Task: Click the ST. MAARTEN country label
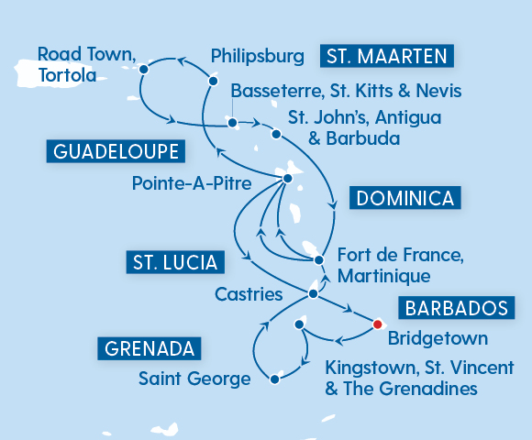[x=386, y=57]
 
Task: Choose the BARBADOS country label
[x=450, y=307]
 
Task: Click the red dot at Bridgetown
[x=377, y=323]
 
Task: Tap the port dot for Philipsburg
[x=213, y=82]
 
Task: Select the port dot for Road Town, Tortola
[x=144, y=68]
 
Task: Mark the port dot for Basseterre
[x=233, y=122]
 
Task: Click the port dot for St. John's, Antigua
[x=276, y=135]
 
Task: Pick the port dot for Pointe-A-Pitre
[x=287, y=178]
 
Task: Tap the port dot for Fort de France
[x=318, y=260]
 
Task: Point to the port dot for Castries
[x=314, y=294]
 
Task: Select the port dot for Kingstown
[x=298, y=324]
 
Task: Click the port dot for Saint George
[x=273, y=378]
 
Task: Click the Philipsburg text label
[x=257, y=57]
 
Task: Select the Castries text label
[x=249, y=294]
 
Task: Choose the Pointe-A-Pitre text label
[x=191, y=183]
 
